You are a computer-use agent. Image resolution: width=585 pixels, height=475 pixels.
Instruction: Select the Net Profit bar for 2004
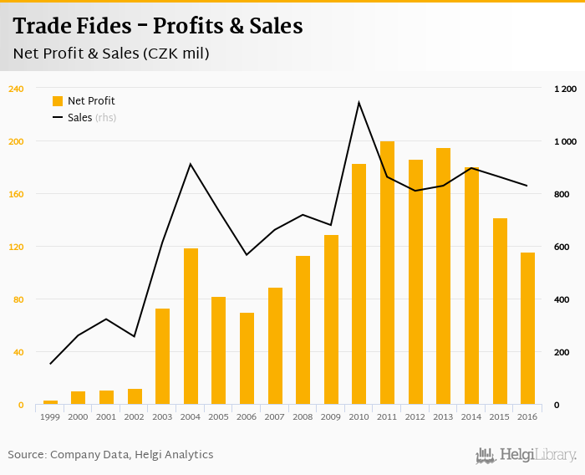(191, 326)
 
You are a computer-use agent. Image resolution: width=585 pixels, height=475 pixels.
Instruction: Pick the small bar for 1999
(50, 402)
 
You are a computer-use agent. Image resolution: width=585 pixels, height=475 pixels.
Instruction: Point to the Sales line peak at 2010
(359, 103)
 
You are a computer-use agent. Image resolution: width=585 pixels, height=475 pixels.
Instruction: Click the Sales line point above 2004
(191, 164)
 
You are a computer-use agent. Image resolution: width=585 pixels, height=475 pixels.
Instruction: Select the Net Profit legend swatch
(58, 101)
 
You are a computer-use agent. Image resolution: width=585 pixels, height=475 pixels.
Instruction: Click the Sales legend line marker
(58, 118)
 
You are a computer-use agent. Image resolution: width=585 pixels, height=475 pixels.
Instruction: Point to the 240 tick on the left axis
(16, 89)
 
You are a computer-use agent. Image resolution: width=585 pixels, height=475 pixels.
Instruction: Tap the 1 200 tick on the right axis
(566, 89)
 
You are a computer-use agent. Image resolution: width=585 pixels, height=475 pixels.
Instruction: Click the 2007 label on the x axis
(275, 416)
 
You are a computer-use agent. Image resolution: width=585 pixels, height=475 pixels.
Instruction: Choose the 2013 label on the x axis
(444, 416)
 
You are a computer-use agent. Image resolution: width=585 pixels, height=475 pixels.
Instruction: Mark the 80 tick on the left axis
(18, 299)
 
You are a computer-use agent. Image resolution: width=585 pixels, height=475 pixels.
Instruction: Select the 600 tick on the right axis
(562, 247)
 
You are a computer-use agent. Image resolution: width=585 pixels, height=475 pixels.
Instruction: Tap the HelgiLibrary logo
(526, 455)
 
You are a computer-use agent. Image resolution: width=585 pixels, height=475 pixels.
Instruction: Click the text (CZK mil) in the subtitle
(176, 54)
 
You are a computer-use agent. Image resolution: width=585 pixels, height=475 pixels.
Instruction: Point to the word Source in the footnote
(27, 455)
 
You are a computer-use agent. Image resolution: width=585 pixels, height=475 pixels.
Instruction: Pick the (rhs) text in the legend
(105, 118)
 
